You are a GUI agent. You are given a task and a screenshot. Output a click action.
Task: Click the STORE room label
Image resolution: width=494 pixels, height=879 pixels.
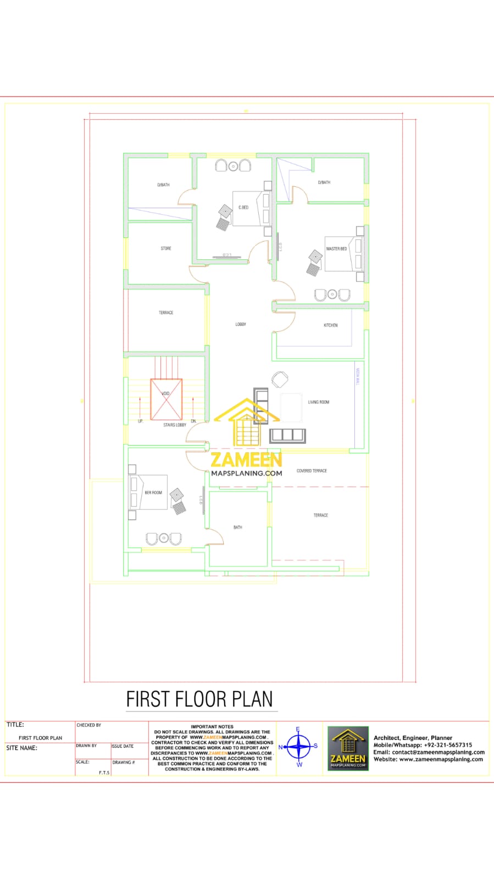point(166,248)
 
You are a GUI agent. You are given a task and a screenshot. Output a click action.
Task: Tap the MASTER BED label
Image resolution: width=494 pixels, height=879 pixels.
point(336,249)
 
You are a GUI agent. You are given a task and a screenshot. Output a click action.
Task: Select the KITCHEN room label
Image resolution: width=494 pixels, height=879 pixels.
point(331,325)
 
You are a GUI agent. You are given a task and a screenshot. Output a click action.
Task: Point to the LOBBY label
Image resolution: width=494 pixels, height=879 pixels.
point(241,324)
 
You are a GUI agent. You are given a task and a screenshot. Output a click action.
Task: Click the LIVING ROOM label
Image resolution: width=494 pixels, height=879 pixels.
point(319,402)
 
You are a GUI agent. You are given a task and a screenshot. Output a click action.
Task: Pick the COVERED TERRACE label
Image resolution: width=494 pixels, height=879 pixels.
point(312,471)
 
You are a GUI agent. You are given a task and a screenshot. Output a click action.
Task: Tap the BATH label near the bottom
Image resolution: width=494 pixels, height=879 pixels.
point(238,527)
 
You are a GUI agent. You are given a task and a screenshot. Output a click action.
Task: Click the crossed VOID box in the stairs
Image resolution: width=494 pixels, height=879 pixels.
point(166,399)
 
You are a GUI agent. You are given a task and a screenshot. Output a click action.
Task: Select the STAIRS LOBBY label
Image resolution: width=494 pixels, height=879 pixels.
point(175,425)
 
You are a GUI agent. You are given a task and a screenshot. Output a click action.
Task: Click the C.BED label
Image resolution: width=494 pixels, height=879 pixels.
point(243,207)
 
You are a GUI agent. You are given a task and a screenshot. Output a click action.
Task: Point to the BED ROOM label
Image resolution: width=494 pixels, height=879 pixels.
point(153,493)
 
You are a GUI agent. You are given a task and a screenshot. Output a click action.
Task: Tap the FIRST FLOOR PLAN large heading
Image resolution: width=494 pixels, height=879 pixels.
point(199,699)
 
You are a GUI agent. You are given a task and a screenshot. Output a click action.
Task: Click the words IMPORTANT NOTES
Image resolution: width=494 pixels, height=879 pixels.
point(212,726)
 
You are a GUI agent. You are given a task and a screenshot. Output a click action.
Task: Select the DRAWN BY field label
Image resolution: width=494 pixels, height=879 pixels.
point(86,746)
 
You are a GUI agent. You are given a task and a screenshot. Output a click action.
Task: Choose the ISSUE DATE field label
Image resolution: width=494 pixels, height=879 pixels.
point(123,746)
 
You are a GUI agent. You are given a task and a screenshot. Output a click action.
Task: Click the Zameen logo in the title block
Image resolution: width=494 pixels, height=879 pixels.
point(348,748)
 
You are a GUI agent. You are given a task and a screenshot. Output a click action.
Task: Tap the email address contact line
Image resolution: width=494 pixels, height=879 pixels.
point(429,752)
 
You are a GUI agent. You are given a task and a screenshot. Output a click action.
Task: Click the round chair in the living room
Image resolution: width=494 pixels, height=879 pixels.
point(280,380)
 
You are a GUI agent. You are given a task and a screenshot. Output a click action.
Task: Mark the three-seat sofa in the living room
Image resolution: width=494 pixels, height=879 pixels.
point(287,435)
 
